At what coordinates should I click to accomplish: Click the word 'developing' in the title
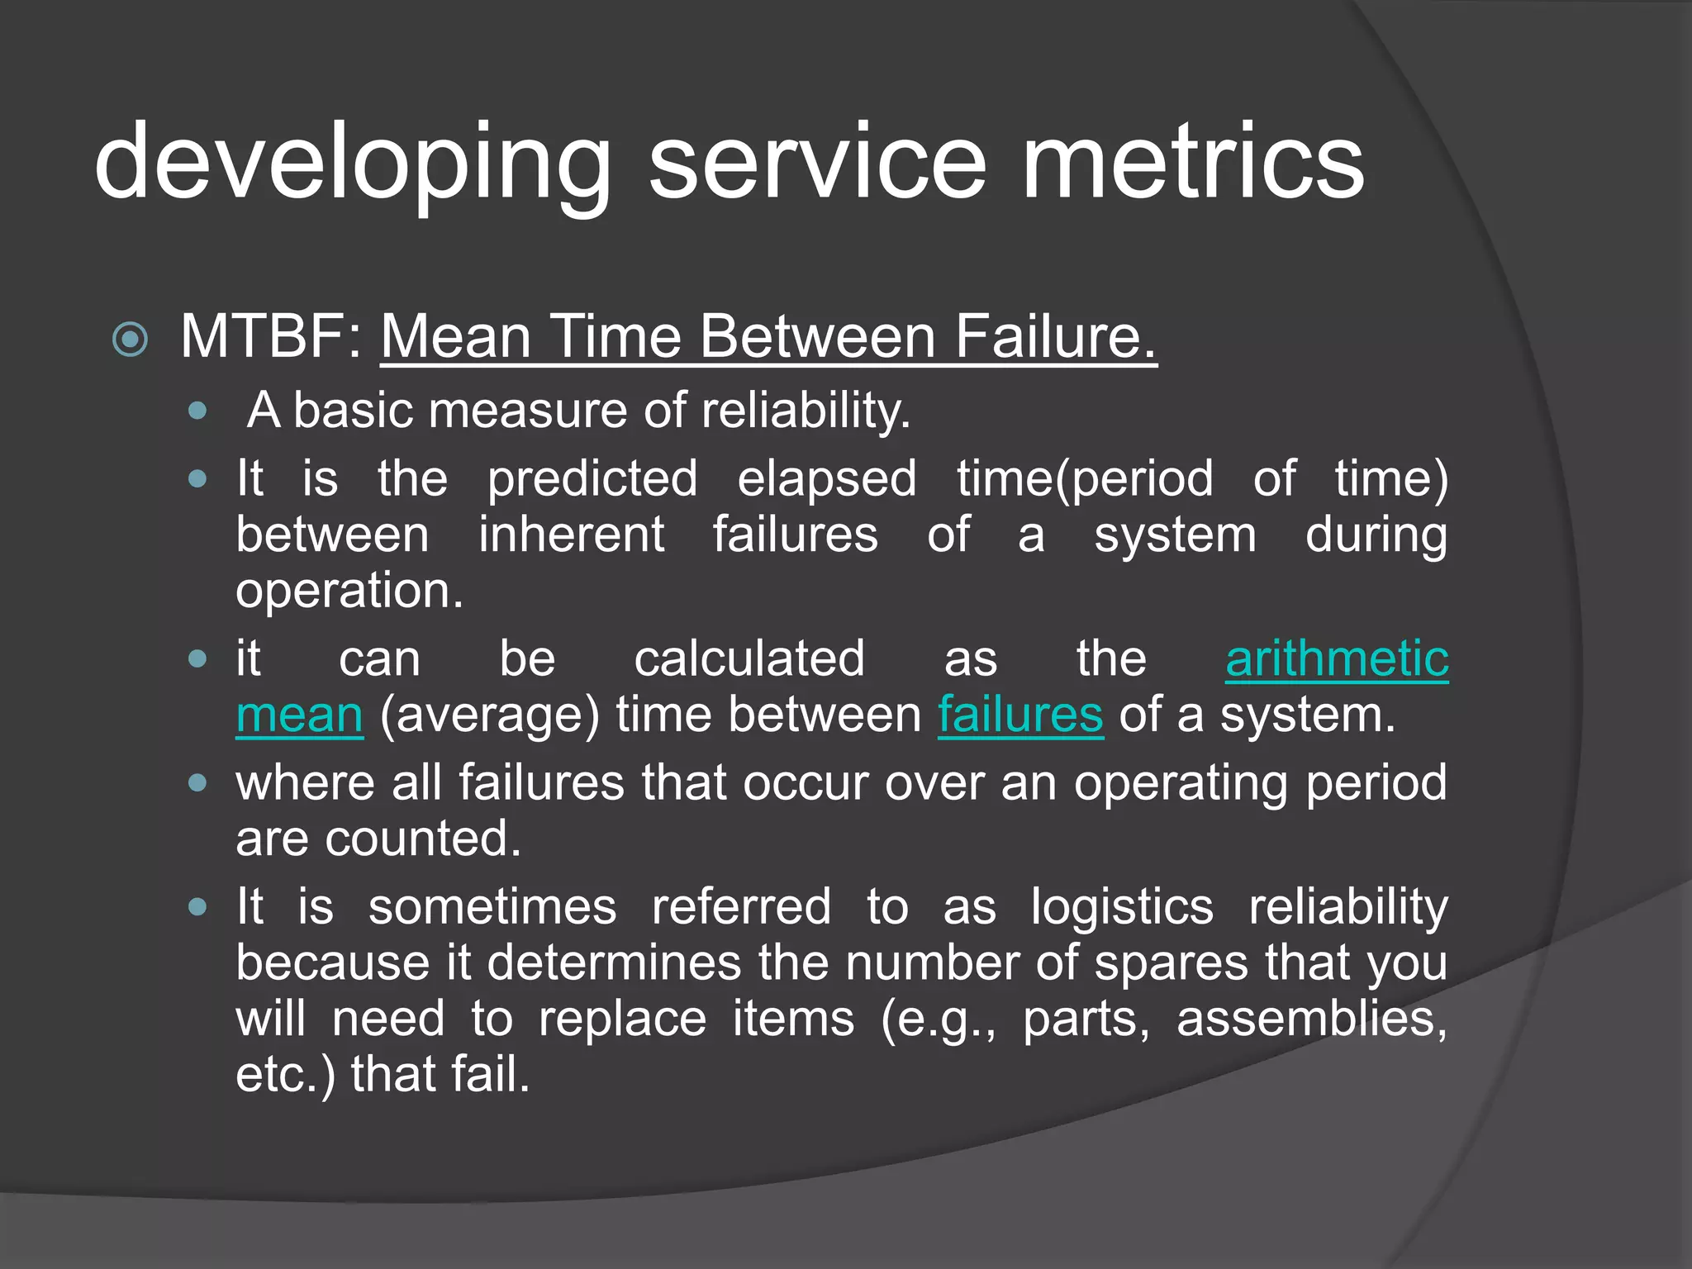[x=351, y=163]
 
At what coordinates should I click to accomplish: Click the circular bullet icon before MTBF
[x=130, y=340]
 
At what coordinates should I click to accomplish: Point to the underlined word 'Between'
[x=818, y=337]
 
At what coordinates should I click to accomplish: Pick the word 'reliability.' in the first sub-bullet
[x=806, y=410]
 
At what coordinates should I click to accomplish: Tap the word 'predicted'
[x=592, y=480]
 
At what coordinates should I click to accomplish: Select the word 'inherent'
[x=571, y=535]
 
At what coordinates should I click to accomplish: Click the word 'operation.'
[x=349, y=592]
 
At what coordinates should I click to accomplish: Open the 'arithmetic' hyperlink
[x=1336, y=659]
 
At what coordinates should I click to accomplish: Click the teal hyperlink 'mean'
[x=299, y=715]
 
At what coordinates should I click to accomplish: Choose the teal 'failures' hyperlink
[x=1019, y=715]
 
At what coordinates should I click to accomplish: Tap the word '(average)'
[x=489, y=715]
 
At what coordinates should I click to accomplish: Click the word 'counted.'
[x=423, y=839]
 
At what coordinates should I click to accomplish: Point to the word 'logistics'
[x=1122, y=907]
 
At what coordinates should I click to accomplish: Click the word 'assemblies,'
[x=1311, y=1019]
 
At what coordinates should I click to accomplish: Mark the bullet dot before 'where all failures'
[x=197, y=783]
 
